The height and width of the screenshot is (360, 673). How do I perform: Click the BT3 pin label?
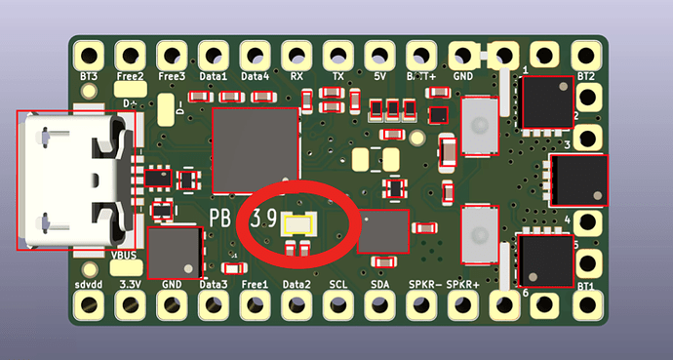(x=88, y=75)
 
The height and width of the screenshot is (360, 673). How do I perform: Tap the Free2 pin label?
(x=131, y=75)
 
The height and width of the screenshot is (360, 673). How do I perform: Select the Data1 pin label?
(x=214, y=75)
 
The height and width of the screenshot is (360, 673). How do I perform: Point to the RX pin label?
(x=296, y=75)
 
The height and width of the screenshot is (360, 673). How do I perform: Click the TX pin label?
(x=337, y=75)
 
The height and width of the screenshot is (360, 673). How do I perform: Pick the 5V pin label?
(x=379, y=75)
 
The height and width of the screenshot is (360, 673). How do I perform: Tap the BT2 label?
(x=586, y=75)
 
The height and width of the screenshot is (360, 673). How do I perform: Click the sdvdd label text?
(x=88, y=284)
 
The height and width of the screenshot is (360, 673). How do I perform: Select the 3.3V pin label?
(x=130, y=284)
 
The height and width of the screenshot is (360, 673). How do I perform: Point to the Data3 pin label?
(x=214, y=284)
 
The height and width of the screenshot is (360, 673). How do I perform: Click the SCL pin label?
(x=337, y=284)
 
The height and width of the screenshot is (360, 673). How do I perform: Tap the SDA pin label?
(x=379, y=284)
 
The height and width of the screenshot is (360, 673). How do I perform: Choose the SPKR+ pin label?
(x=462, y=284)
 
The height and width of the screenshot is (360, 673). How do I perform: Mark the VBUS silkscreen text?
(x=125, y=256)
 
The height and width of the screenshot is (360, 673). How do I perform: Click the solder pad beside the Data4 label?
(x=255, y=53)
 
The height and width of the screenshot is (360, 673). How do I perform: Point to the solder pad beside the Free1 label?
(x=255, y=305)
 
